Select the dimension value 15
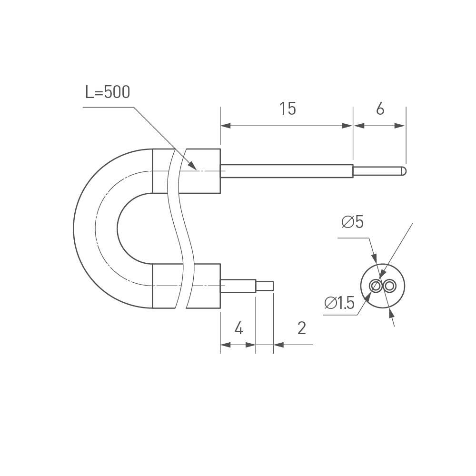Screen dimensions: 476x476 pos(288,109)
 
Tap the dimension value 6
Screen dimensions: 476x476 pos(380,109)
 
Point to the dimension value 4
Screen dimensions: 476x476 pos(239,328)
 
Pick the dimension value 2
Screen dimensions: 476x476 pos(301,328)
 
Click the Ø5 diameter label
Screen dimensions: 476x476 pos(352,222)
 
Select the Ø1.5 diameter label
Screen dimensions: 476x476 pos(339,303)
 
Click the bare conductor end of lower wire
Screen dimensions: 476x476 pos(265,286)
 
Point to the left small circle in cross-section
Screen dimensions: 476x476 pos(376,286)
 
